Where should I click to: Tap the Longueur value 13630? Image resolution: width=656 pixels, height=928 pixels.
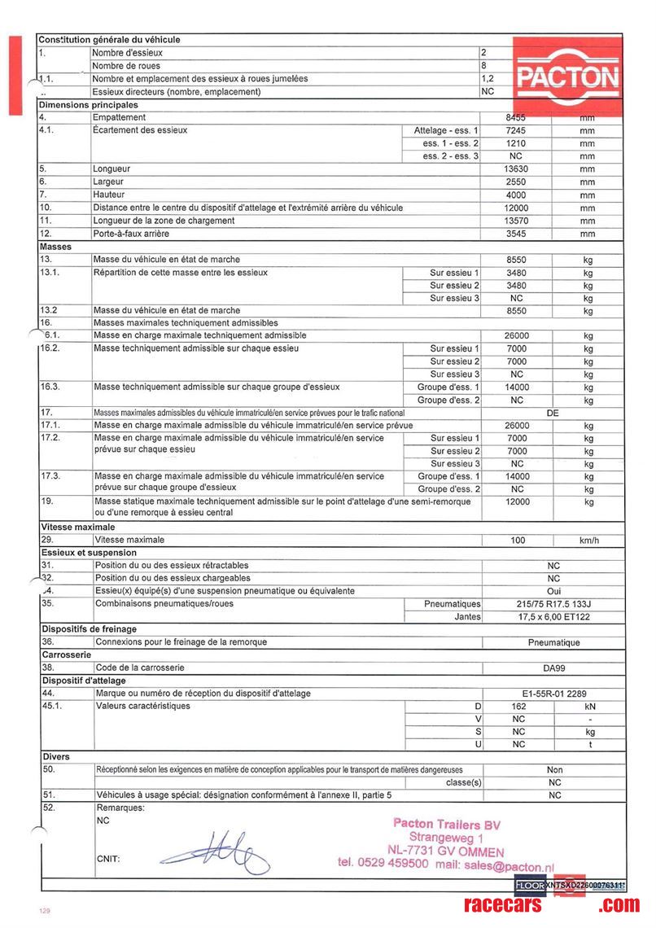pos(518,169)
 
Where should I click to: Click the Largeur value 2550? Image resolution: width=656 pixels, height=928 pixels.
pos(518,182)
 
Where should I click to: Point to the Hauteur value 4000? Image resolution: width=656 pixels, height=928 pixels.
pos(518,195)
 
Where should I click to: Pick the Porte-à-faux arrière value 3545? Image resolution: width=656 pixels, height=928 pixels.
pos(518,234)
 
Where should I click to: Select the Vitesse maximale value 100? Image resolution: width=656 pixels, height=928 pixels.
pos(518,540)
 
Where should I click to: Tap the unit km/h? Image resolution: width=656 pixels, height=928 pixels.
pos(588,540)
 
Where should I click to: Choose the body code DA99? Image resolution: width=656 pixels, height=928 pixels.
pos(554,668)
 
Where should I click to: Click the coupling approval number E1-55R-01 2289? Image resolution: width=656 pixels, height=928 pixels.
pos(554,694)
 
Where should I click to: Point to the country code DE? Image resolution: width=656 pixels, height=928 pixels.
pos(553,413)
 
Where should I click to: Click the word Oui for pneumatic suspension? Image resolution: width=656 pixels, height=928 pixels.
pos(554,591)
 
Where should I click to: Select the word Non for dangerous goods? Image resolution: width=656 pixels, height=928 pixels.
pos(554,769)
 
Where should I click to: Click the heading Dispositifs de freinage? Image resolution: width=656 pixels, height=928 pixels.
pos(89,629)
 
